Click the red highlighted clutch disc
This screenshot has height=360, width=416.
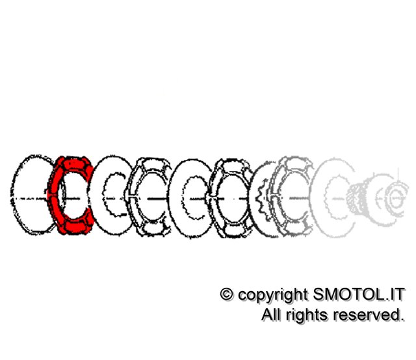(71, 196)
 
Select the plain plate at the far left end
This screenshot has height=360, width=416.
(32, 195)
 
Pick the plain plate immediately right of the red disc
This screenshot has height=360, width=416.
(112, 196)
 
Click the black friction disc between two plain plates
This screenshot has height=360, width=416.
(149, 197)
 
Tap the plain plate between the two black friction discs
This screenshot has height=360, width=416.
(192, 198)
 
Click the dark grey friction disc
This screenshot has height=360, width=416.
(291, 196)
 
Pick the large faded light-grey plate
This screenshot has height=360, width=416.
(333, 198)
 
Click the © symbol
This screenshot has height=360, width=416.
(227, 294)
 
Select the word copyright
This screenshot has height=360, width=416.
(273, 296)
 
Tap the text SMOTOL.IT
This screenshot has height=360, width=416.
(359, 294)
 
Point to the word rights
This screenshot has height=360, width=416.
(307, 316)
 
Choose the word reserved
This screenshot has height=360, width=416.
(369, 315)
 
